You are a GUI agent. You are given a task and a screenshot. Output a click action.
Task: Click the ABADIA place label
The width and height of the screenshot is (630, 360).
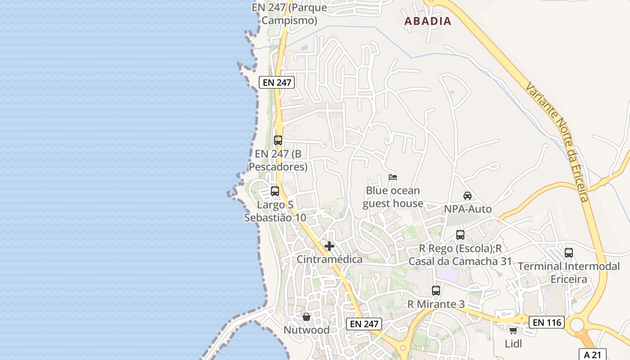[427, 21]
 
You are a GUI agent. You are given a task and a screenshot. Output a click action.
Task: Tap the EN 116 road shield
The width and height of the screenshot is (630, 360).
[546, 322]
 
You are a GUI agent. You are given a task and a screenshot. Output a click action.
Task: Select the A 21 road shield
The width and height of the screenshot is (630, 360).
[592, 354]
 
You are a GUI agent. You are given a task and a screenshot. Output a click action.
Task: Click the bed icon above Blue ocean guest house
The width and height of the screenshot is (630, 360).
[393, 177]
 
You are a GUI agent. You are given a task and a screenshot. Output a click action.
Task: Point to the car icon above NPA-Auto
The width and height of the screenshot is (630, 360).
[468, 196]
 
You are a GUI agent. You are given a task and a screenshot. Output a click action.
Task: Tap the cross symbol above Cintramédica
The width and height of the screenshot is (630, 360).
[329, 246]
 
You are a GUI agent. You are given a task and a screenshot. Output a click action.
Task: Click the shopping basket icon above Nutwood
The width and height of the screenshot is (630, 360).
[306, 317]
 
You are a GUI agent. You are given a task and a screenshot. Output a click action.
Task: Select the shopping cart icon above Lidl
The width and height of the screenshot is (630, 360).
[513, 331]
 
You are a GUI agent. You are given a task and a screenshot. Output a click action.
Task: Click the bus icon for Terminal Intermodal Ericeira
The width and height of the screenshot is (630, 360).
[569, 253]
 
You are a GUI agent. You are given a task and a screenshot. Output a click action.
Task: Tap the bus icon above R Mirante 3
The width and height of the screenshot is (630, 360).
[436, 291]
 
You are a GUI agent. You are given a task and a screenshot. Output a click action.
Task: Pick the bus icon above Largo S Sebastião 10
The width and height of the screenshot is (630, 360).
[275, 191]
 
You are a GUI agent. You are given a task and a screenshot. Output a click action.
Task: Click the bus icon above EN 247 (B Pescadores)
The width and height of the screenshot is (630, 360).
[278, 140]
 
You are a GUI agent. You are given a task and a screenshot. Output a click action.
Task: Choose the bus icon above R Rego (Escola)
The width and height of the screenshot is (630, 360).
[460, 235]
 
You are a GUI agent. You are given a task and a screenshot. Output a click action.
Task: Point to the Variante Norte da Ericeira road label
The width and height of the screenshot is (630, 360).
[558, 142]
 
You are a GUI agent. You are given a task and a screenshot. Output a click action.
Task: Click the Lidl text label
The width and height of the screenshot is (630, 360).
[513, 344]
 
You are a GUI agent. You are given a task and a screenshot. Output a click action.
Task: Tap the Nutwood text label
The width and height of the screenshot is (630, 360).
[306, 330]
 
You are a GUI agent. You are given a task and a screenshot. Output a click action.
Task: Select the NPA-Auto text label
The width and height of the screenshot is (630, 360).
[468, 209]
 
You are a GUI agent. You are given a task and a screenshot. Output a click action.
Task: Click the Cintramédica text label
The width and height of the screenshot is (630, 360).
[329, 260]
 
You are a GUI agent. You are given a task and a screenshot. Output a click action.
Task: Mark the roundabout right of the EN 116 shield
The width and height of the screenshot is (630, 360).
[577, 324]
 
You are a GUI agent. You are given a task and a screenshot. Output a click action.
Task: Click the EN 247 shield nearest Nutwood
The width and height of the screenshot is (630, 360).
[364, 324]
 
